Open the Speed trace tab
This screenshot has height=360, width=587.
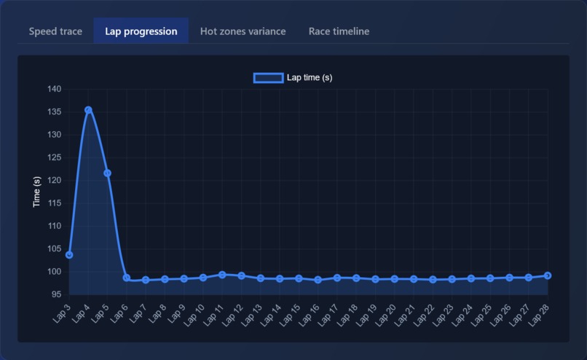pyautogui.click(x=55, y=31)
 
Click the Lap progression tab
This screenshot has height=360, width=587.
pyautogui.click(x=141, y=31)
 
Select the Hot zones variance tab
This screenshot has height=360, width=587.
pyautogui.click(x=243, y=31)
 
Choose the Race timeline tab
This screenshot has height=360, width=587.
pyautogui.click(x=339, y=31)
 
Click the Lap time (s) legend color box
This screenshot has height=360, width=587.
pyautogui.click(x=268, y=78)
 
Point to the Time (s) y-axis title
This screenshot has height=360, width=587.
pyautogui.click(x=37, y=192)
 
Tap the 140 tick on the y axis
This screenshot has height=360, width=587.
pyautogui.click(x=55, y=89)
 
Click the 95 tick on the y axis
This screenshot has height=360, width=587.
pyautogui.click(x=55, y=294)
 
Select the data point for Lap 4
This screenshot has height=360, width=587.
pyautogui.click(x=88, y=110)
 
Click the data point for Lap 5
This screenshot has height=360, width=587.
pyautogui.click(x=107, y=173)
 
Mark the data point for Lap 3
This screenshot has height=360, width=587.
pyautogui.click(x=69, y=255)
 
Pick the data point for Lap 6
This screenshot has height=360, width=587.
pyautogui.click(x=127, y=278)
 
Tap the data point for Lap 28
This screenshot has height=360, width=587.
pyautogui.click(x=548, y=275)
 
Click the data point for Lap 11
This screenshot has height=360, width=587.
pyautogui.click(x=222, y=275)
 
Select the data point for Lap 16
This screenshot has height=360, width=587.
pyautogui.click(x=318, y=280)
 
